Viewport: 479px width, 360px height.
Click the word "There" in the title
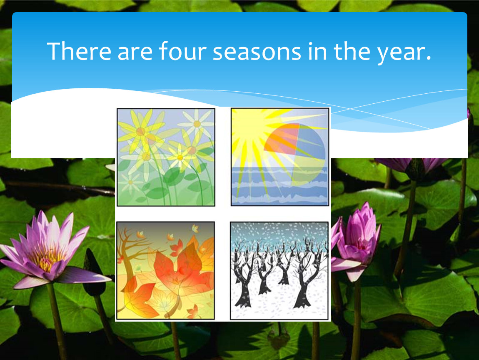click(x=79, y=51)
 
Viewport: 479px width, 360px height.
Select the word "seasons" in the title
click(x=257, y=52)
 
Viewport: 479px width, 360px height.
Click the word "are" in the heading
click(x=135, y=52)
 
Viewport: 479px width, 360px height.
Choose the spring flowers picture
click(x=166, y=157)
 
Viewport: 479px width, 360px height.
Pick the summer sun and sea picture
click(x=280, y=157)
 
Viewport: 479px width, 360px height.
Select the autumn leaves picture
click(x=166, y=270)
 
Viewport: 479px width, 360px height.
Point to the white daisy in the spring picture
click(x=197, y=124)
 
